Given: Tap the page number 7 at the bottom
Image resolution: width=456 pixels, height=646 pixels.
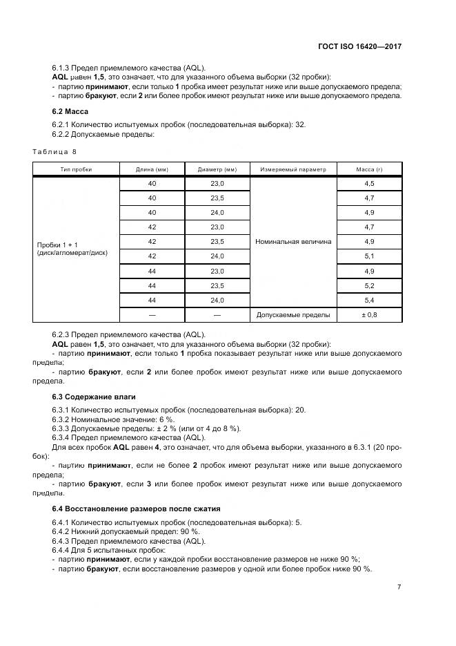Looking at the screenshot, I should [x=399, y=587].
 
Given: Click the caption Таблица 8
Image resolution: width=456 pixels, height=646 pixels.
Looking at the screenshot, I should [x=54, y=151].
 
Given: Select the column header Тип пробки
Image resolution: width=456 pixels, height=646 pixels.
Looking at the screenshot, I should [x=76, y=169].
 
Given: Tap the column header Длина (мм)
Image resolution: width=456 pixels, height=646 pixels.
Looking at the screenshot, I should [x=152, y=169].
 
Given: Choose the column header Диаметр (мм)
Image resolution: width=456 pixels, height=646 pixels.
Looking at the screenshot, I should [x=217, y=169].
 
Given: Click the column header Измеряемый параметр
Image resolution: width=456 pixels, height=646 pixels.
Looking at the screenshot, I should [x=293, y=169].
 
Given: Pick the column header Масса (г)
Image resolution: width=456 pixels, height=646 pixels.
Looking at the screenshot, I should [x=369, y=169].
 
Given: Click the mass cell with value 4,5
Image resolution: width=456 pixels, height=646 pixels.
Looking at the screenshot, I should [x=369, y=184].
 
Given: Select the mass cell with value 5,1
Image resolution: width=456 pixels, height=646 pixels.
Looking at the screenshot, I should [x=369, y=256].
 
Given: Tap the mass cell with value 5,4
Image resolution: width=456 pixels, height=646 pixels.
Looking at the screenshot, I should [x=369, y=300].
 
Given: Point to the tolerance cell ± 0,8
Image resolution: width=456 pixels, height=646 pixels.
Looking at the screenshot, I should [x=369, y=314].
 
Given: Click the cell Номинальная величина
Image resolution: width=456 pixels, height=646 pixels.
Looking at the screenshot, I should [x=293, y=242].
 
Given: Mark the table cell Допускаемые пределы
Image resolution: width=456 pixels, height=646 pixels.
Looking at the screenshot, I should [x=293, y=314].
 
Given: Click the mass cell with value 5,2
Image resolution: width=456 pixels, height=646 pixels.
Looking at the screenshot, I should [x=369, y=285].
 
